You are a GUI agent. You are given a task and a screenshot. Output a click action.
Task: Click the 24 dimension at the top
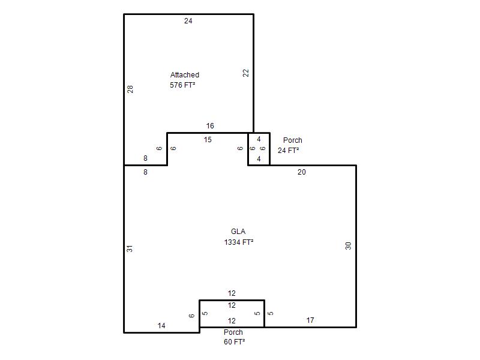point(188,21)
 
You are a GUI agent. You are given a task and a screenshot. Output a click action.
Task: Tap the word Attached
point(185,74)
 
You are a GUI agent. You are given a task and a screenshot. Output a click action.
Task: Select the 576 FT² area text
point(182,85)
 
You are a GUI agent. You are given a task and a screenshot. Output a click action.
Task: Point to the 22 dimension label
point(246,73)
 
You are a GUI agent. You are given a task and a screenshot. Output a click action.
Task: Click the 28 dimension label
point(130,89)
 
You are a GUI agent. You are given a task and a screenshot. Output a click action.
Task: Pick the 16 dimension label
point(210,126)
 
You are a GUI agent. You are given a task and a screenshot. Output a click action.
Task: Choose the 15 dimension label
point(208,140)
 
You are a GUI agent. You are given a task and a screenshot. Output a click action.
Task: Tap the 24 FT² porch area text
point(289,151)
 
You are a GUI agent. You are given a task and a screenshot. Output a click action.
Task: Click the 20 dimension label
point(302,172)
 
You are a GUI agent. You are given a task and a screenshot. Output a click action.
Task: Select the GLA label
point(238,232)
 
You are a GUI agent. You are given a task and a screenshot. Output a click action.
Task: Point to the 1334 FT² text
point(239,242)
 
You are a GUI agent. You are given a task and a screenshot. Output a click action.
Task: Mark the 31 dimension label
point(130,248)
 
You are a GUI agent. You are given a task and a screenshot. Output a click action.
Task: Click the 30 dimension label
point(348,246)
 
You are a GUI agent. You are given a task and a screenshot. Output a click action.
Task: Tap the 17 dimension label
point(310,320)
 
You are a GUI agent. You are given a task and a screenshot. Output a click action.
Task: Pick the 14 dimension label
point(161,326)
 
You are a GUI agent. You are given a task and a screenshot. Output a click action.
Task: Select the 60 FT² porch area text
point(234,341)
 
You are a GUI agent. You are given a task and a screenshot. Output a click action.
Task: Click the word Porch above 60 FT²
point(233,332)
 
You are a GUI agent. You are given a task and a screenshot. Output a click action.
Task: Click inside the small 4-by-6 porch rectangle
point(259,149)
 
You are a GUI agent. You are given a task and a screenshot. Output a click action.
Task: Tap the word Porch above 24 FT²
point(293,140)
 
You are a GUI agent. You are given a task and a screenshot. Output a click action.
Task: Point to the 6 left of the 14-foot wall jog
point(191,316)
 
